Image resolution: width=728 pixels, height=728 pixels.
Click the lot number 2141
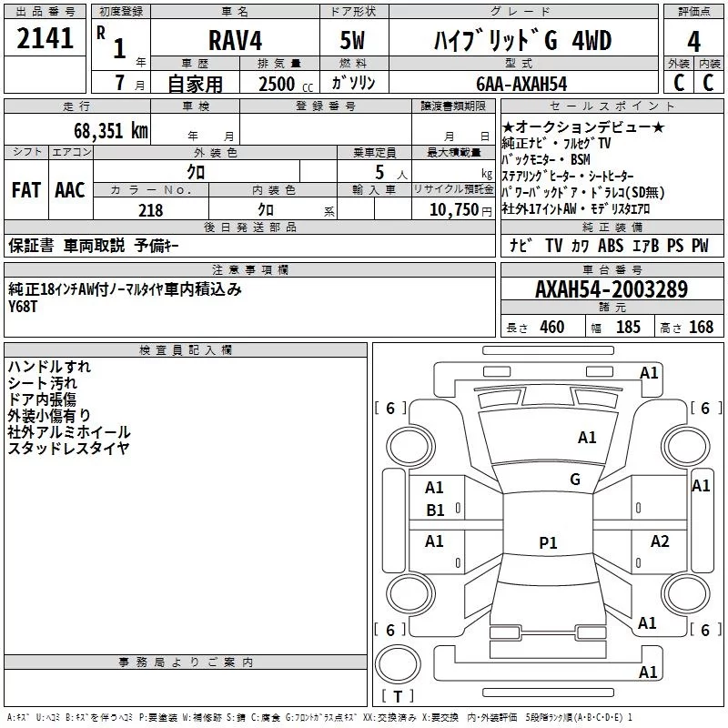(45, 38)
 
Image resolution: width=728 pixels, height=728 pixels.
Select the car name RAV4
(235, 40)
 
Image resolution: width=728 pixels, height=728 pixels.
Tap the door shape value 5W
(352, 40)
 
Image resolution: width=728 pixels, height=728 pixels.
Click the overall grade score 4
(693, 41)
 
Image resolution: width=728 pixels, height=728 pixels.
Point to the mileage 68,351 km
(110, 131)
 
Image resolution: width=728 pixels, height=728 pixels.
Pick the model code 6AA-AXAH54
(521, 84)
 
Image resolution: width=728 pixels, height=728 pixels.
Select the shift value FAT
(26, 190)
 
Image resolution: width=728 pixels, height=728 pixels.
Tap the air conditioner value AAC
(70, 190)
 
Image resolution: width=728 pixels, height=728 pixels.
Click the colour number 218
(150, 210)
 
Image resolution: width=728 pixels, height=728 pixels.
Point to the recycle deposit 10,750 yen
(460, 210)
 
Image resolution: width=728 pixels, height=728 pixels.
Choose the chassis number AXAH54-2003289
(612, 289)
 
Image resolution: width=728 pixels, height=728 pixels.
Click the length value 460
(552, 327)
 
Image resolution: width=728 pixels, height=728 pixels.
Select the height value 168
(701, 327)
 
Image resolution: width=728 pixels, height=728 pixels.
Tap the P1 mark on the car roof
(548, 542)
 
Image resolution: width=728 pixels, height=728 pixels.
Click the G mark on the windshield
(575, 479)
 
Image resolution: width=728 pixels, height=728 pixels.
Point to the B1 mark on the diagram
(435, 511)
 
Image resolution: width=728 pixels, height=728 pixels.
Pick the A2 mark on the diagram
(660, 541)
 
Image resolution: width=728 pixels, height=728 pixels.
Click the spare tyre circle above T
(398, 664)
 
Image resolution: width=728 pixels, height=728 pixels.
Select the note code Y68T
(22, 307)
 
